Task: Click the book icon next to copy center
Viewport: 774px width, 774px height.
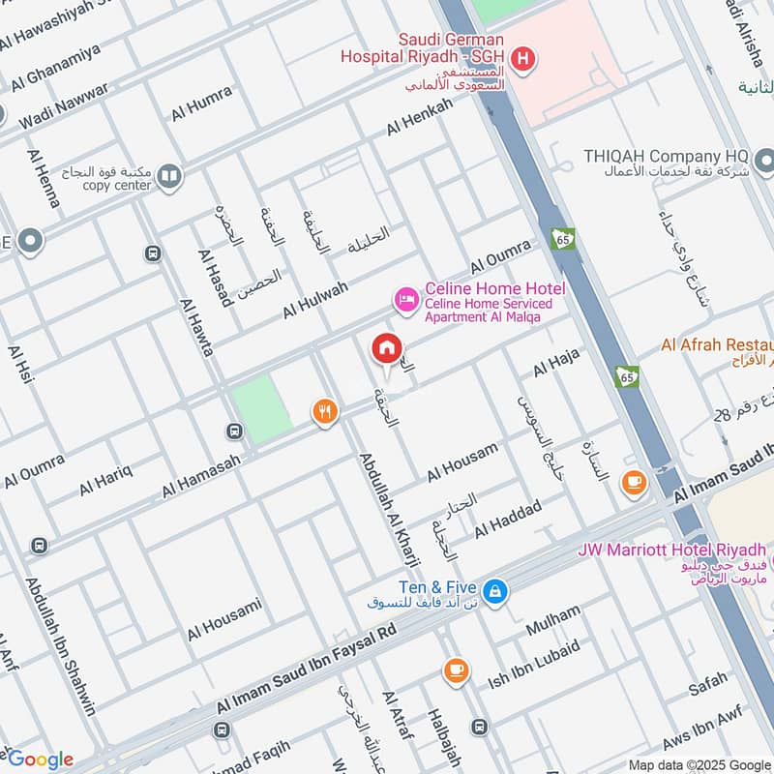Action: click(x=169, y=176)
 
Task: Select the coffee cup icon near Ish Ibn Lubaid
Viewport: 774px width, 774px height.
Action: click(x=456, y=670)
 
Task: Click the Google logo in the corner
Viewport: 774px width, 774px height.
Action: click(x=41, y=759)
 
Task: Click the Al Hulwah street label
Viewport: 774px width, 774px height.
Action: click(x=315, y=300)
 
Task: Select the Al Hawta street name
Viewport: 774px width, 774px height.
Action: click(x=196, y=327)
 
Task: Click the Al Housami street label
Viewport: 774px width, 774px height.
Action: click(x=224, y=619)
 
